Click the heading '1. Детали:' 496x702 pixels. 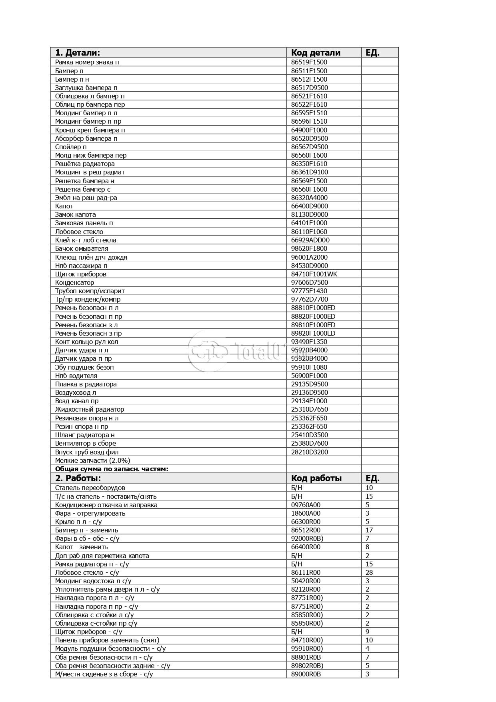[x=78, y=53]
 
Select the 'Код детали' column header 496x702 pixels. [x=316, y=53]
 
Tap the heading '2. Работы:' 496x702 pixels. [x=78, y=478]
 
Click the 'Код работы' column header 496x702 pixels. [x=316, y=478]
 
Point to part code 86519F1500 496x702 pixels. [x=309, y=62]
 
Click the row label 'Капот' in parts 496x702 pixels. [x=64, y=206]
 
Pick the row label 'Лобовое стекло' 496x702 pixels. [x=79, y=232]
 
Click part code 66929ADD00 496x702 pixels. [x=310, y=240]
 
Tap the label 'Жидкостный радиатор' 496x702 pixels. [x=90, y=410]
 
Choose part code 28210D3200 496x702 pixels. [x=309, y=452]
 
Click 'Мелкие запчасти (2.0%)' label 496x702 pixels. [x=92, y=461]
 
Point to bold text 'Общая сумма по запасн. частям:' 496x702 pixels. [x=112, y=469]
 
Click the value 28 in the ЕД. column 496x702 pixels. [x=369, y=573]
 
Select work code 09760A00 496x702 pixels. [x=306, y=505]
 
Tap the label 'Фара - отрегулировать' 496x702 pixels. [x=90, y=514]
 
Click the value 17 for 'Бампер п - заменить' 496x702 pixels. [x=369, y=530]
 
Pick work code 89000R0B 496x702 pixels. [x=306, y=674]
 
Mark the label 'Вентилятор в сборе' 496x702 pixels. [x=86, y=444]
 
